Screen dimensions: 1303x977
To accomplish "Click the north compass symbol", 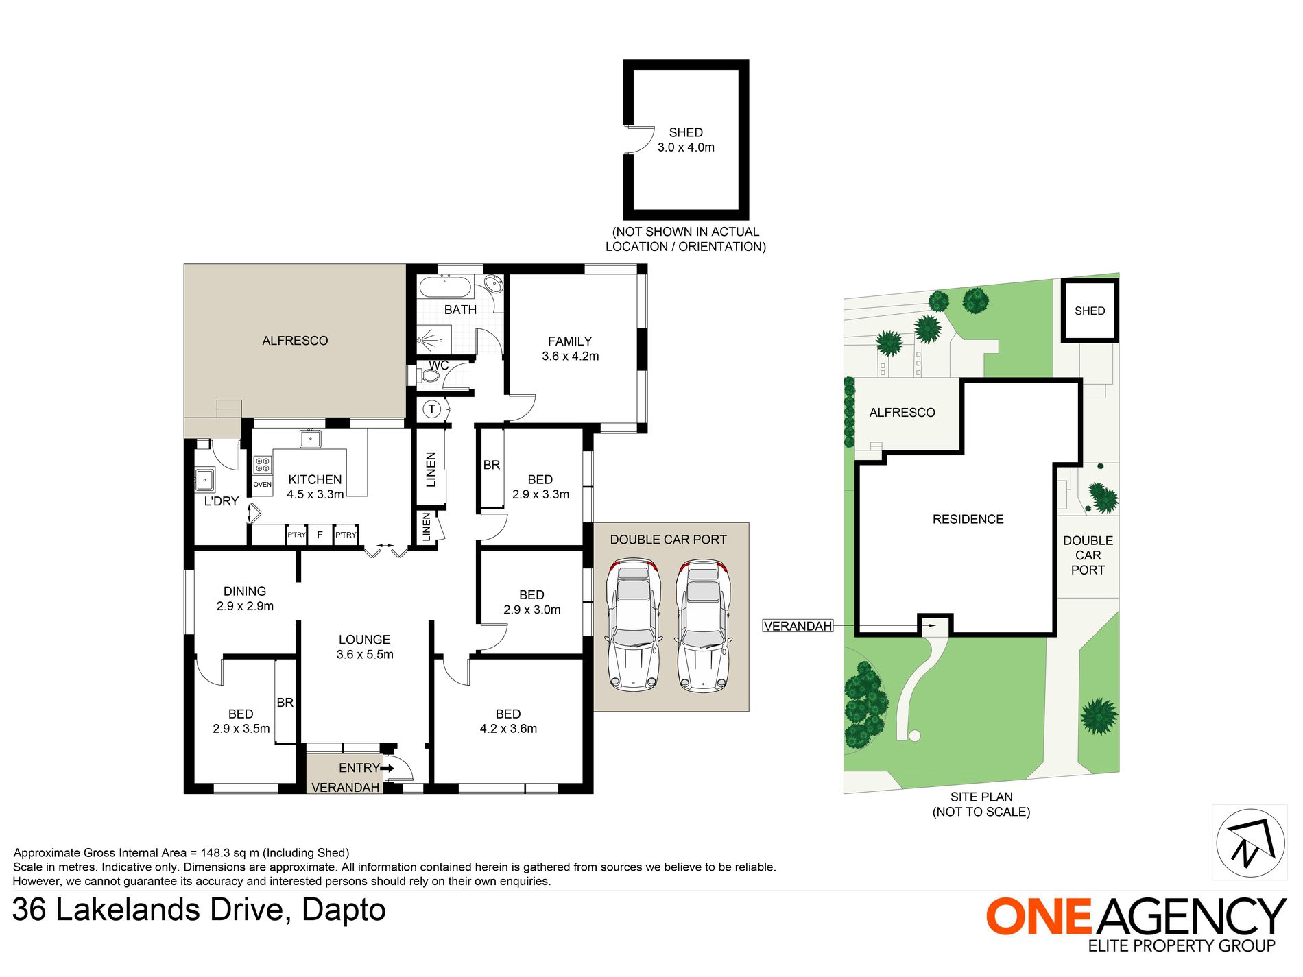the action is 1250,843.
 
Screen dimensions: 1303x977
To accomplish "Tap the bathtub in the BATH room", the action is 445,286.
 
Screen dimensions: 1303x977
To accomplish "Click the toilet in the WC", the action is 427,376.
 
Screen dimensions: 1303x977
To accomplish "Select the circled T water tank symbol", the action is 432,410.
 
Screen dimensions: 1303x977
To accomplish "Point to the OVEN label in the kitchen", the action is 262,485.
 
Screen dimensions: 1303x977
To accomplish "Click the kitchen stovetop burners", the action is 262,465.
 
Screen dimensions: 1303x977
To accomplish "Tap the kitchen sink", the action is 311,438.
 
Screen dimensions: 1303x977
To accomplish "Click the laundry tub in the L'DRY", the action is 205,479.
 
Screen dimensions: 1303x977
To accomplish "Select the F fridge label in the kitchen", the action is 320,535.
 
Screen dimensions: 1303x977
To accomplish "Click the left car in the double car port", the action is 634,625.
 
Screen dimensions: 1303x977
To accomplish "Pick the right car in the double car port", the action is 703,625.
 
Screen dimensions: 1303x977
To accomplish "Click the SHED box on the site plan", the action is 1090,311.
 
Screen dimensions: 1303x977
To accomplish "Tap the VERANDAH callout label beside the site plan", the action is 798,626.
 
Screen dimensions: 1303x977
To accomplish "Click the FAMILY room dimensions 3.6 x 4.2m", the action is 571,357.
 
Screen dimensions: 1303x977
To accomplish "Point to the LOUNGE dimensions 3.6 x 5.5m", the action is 365,655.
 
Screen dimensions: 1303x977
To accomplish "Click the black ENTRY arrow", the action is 387,768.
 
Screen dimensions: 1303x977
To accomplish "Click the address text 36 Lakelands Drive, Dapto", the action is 199,910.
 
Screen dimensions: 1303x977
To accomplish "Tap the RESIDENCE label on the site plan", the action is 968,520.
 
